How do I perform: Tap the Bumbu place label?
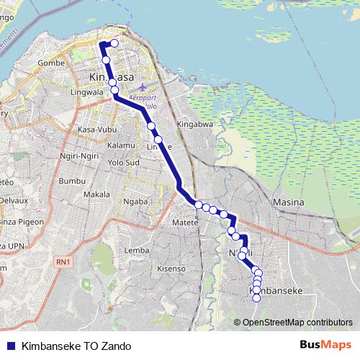(71, 181)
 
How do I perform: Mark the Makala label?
(96, 194)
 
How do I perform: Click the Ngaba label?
(135, 202)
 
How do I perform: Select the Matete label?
(185, 224)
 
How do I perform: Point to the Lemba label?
(136, 250)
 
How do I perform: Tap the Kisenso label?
(171, 269)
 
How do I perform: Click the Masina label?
(289, 203)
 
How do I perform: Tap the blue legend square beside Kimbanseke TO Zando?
(10, 345)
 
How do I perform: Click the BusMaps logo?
(325, 344)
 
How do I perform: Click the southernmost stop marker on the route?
(256, 298)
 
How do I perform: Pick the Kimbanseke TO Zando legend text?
(71, 345)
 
